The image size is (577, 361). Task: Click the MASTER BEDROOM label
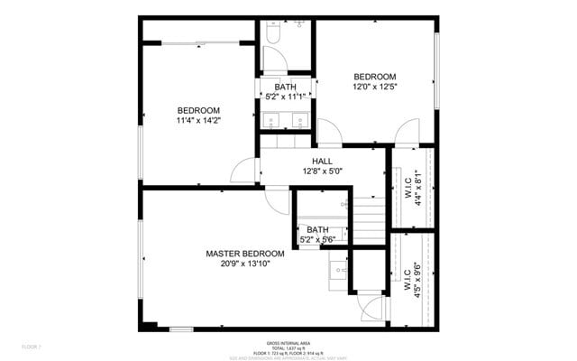tap(244, 254)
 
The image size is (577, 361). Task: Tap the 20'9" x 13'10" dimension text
tap(244, 263)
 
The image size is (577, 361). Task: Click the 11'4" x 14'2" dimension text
tap(198, 120)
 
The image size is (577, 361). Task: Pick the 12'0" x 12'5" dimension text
tap(374, 87)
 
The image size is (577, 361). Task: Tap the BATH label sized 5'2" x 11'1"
tap(285, 87)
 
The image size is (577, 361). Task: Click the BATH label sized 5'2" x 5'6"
tap(317, 230)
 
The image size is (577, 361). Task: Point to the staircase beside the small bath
tap(365, 221)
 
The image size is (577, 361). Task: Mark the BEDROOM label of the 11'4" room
tap(198, 110)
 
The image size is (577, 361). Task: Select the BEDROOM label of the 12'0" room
tap(374, 77)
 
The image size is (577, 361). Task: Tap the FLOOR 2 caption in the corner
tap(32, 347)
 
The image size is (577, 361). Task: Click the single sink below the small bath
tap(338, 269)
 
